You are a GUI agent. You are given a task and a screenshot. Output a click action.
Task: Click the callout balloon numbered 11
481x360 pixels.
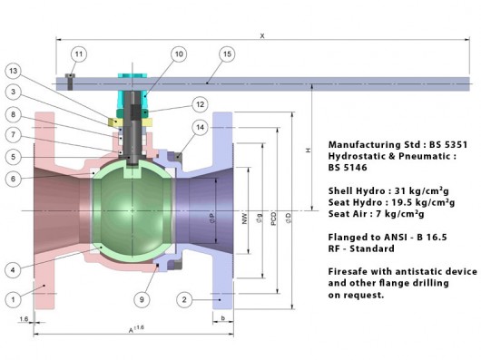(x=79, y=54)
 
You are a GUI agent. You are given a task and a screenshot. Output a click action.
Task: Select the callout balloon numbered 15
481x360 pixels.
(x=227, y=54)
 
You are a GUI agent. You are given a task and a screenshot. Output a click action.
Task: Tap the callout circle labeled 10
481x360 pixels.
(x=179, y=54)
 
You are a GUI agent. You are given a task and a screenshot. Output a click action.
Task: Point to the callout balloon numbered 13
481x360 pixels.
(x=14, y=71)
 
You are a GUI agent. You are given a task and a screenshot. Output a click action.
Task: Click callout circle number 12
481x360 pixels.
(x=200, y=104)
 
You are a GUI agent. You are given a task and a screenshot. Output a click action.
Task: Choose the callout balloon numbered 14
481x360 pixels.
(x=200, y=127)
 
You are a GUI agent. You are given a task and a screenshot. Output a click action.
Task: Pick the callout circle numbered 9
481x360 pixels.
(x=142, y=299)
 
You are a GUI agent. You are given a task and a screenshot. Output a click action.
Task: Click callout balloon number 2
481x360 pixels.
(x=184, y=299)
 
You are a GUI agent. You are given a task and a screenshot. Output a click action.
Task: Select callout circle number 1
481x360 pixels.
(x=14, y=299)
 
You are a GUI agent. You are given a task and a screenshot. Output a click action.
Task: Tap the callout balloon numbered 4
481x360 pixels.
(x=14, y=270)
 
